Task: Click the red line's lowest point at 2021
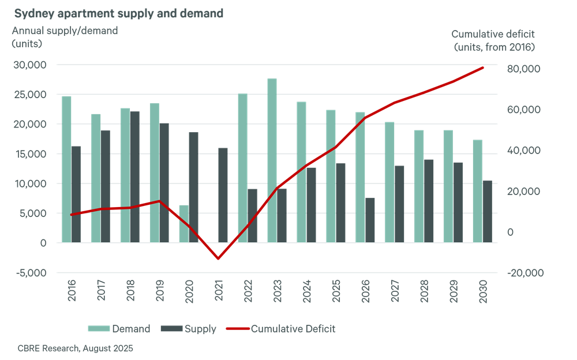(x=218, y=258)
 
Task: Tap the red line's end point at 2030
(x=482, y=67)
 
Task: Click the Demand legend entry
(x=119, y=329)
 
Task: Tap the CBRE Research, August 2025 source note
(x=75, y=348)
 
